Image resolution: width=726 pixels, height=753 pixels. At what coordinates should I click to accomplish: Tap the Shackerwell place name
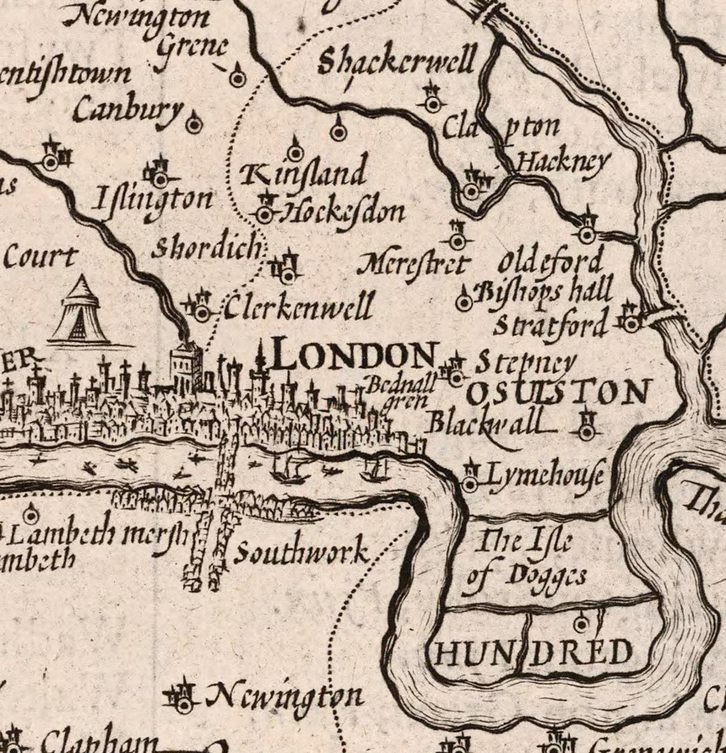coord(396,62)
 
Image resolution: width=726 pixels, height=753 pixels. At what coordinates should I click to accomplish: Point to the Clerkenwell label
coord(297,308)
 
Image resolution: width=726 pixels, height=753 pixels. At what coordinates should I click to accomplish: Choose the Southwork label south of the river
coord(302,552)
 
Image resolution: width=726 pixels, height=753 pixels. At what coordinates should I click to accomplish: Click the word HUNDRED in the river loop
coord(534,652)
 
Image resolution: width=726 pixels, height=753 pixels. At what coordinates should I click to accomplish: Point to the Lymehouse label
coord(544,475)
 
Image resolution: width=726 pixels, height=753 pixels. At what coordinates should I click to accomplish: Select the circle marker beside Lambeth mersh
coord(30,514)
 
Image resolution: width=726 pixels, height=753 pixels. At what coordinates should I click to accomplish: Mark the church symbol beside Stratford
coord(630,321)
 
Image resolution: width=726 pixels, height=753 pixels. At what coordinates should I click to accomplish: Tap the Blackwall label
coord(486,422)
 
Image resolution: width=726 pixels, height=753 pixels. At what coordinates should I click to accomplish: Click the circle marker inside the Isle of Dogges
coord(581,622)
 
